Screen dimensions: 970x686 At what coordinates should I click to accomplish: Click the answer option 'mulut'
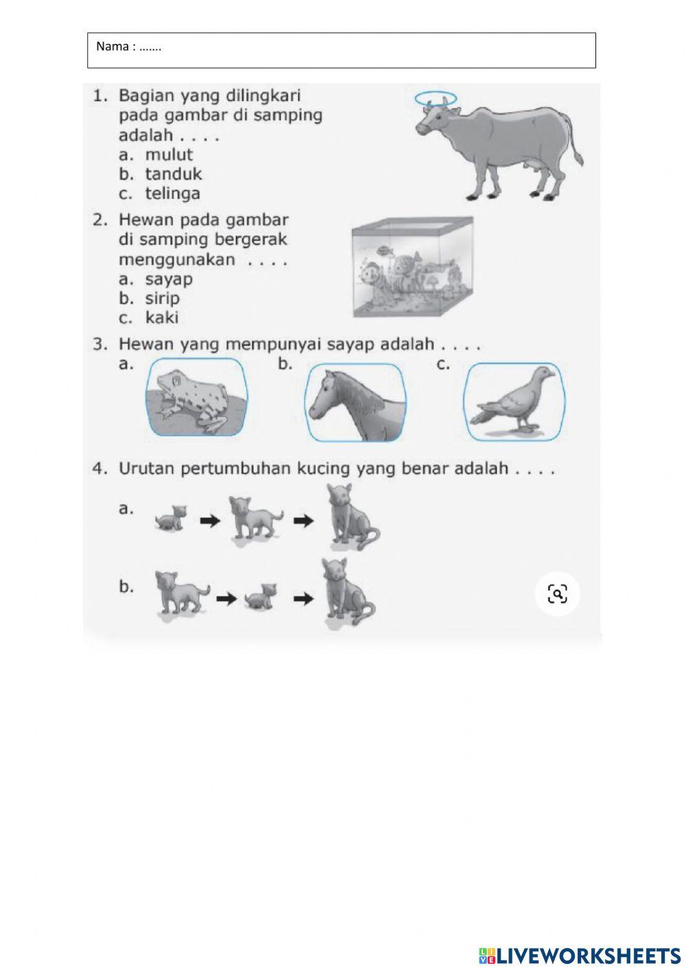pos(168,155)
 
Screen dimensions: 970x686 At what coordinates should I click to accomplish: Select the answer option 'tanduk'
pos(173,174)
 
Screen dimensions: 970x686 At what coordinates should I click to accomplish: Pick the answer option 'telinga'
pos(172,194)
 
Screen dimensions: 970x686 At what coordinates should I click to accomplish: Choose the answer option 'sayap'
pos(168,279)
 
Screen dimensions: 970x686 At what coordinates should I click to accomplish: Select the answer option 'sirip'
pos(162,299)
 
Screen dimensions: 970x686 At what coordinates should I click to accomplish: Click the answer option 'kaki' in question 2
pos(161,318)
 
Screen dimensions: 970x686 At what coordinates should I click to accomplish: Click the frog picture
pos(196,398)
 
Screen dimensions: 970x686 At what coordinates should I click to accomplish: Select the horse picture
pos(355,403)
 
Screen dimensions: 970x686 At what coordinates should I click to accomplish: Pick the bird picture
pos(514,402)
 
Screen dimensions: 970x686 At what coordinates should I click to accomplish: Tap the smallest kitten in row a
pos(171,519)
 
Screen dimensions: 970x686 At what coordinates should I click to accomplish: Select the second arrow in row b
pos(303,599)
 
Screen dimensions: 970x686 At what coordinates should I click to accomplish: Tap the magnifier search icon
pos(557,594)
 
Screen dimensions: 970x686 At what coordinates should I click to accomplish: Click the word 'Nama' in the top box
pos(113,47)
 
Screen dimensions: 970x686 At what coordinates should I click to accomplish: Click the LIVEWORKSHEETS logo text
pos(587,955)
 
